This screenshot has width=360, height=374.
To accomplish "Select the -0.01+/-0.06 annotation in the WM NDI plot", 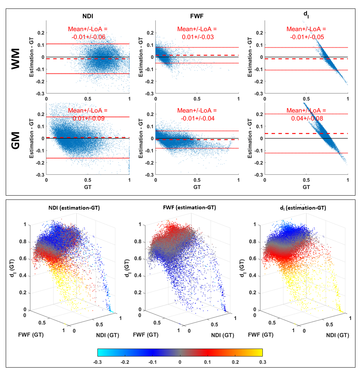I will (88, 37).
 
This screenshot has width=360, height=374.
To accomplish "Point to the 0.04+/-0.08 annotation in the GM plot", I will (306, 118).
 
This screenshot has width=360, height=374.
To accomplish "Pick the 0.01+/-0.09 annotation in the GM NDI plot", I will (88, 118).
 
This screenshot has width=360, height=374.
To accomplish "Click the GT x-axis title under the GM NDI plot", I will (88, 187).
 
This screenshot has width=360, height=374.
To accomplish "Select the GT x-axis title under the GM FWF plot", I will (197, 187).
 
